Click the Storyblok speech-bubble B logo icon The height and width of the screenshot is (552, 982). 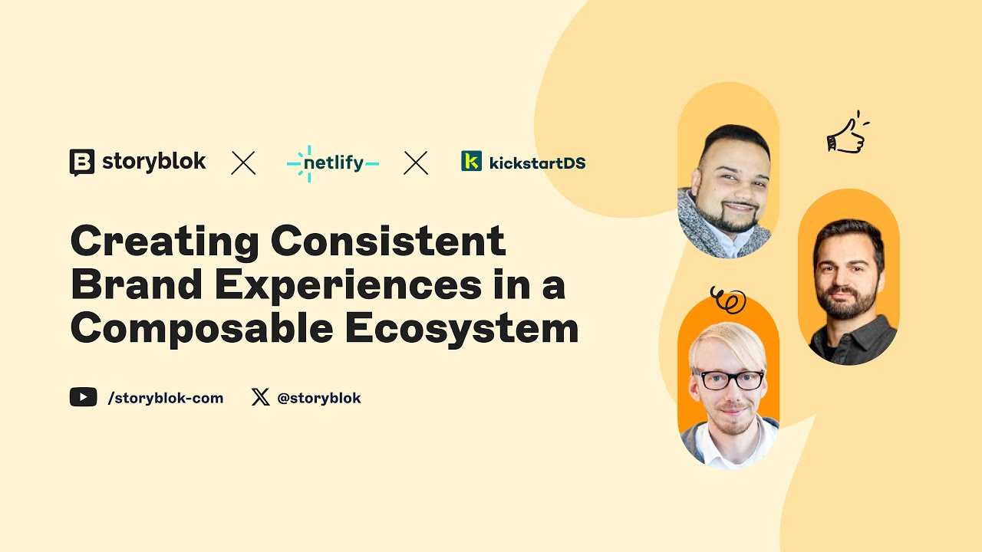82,163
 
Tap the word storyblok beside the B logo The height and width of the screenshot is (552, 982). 154,162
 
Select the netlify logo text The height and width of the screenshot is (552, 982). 333,163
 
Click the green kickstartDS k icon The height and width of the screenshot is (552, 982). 471,161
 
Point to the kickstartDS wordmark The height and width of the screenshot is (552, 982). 538,163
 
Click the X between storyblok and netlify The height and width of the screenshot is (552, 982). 243,163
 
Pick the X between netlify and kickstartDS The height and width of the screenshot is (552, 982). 416,163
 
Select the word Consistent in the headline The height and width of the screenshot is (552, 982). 388,240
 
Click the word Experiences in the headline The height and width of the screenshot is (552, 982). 348,287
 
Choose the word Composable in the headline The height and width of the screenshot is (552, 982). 202,329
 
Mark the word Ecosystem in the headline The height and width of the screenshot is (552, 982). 462,330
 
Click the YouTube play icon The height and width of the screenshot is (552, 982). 84,397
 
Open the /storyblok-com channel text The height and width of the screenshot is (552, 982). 166,398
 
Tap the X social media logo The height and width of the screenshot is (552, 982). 260,397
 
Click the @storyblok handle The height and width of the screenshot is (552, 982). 319,398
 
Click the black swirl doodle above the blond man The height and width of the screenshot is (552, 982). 728,300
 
